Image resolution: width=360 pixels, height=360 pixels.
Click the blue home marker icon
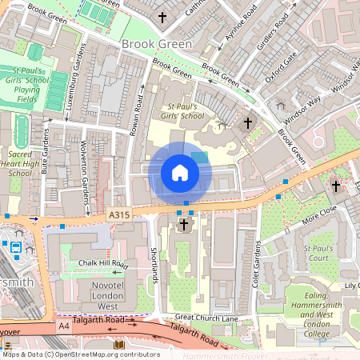pos(180,173)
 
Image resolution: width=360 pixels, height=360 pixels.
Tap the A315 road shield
pos(118,214)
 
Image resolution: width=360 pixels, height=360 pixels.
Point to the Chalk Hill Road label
pos(97,263)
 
